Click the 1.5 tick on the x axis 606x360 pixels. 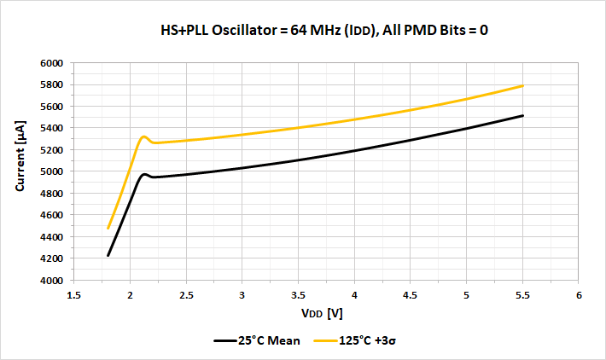point(73,295)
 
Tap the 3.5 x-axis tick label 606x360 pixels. point(298,295)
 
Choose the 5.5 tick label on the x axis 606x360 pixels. point(522,295)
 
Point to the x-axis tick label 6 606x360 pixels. point(579,295)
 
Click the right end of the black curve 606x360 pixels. point(522,115)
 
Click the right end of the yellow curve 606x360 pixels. point(522,85)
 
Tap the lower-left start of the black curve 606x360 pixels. point(108,255)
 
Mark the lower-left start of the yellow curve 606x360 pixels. point(108,229)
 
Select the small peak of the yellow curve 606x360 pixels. point(143,136)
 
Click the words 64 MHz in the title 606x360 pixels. point(312,31)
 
